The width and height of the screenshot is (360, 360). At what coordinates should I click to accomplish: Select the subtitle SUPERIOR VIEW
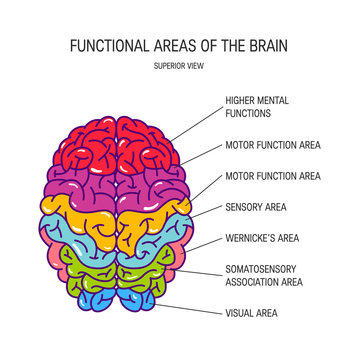pyautogui.click(x=179, y=68)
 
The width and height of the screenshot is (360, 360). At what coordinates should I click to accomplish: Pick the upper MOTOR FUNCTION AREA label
pyautogui.click(x=272, y=145)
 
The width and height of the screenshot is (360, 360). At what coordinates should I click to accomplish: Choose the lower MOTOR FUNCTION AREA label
pyautogui.click(x=272, y=176)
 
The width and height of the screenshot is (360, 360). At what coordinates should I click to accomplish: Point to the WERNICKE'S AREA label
pyautogui.click(x=261, y=238)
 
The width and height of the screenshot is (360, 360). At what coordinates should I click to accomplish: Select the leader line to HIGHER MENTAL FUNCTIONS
pyautogui.click(x=195, y=124)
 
